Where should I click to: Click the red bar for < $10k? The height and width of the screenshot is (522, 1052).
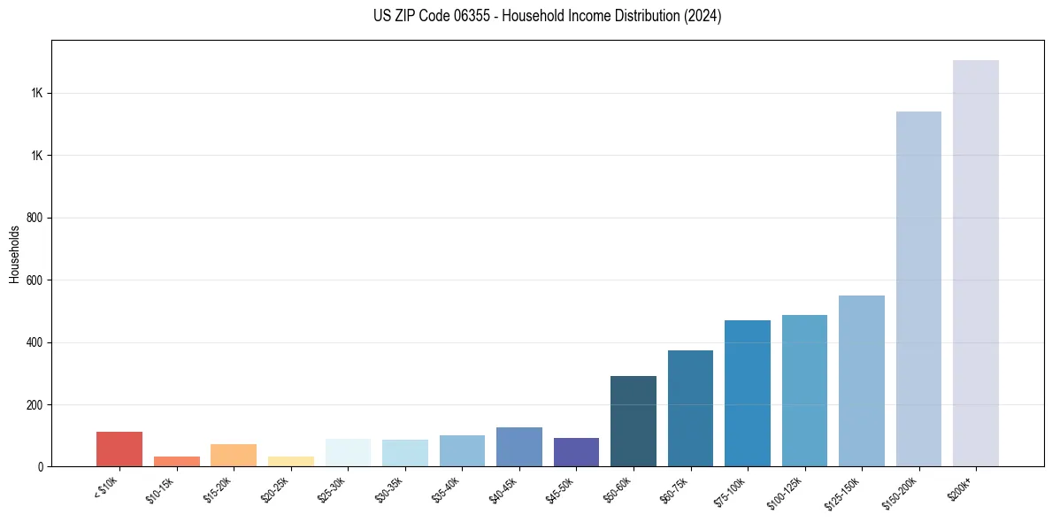(119, 449)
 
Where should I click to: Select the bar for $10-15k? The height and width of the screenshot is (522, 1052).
(176, 461)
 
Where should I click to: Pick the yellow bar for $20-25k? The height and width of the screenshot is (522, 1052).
(290, 461)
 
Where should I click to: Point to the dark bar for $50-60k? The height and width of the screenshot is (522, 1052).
(634, 421)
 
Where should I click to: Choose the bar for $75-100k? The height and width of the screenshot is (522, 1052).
(748, 394)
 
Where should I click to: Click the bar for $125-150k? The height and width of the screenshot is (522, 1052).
(862, 381)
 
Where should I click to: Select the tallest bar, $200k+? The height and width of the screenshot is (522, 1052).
(976, 264)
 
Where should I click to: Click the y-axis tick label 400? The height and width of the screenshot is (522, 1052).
(35, 342)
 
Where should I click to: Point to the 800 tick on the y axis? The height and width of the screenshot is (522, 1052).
(35, 218)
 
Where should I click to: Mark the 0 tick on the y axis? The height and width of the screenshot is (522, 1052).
(41, 466)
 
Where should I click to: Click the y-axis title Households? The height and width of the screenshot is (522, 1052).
(14, 254)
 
